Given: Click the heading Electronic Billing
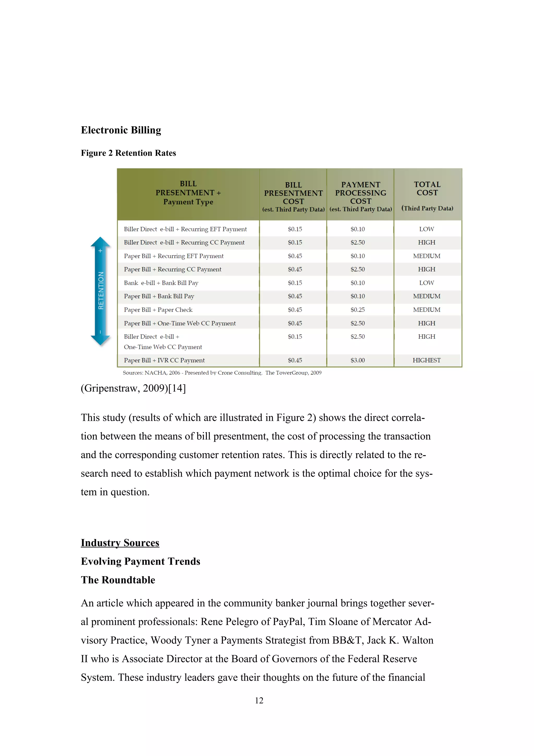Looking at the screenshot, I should (121, 130).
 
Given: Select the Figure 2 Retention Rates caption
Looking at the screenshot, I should (128, 153).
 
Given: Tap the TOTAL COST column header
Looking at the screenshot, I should (427, 189).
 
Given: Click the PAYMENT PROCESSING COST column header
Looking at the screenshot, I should (360, 193).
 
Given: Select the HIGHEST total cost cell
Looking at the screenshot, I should (426, 360).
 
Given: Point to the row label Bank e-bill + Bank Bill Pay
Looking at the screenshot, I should (161, 283).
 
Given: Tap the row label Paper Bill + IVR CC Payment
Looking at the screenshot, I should (164, 360).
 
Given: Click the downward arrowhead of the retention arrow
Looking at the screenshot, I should (100, 340).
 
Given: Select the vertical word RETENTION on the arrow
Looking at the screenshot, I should (101, 290).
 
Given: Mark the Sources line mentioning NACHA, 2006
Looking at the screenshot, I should (222, 373).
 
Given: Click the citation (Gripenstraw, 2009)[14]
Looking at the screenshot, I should (133, 388).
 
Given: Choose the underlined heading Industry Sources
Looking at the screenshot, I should (120, 543).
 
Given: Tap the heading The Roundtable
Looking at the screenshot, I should (118, 580).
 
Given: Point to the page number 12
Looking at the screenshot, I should (259, 700).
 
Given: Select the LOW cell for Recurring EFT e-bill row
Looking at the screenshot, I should (426, 229).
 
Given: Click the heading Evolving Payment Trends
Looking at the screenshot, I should (141, 561).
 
